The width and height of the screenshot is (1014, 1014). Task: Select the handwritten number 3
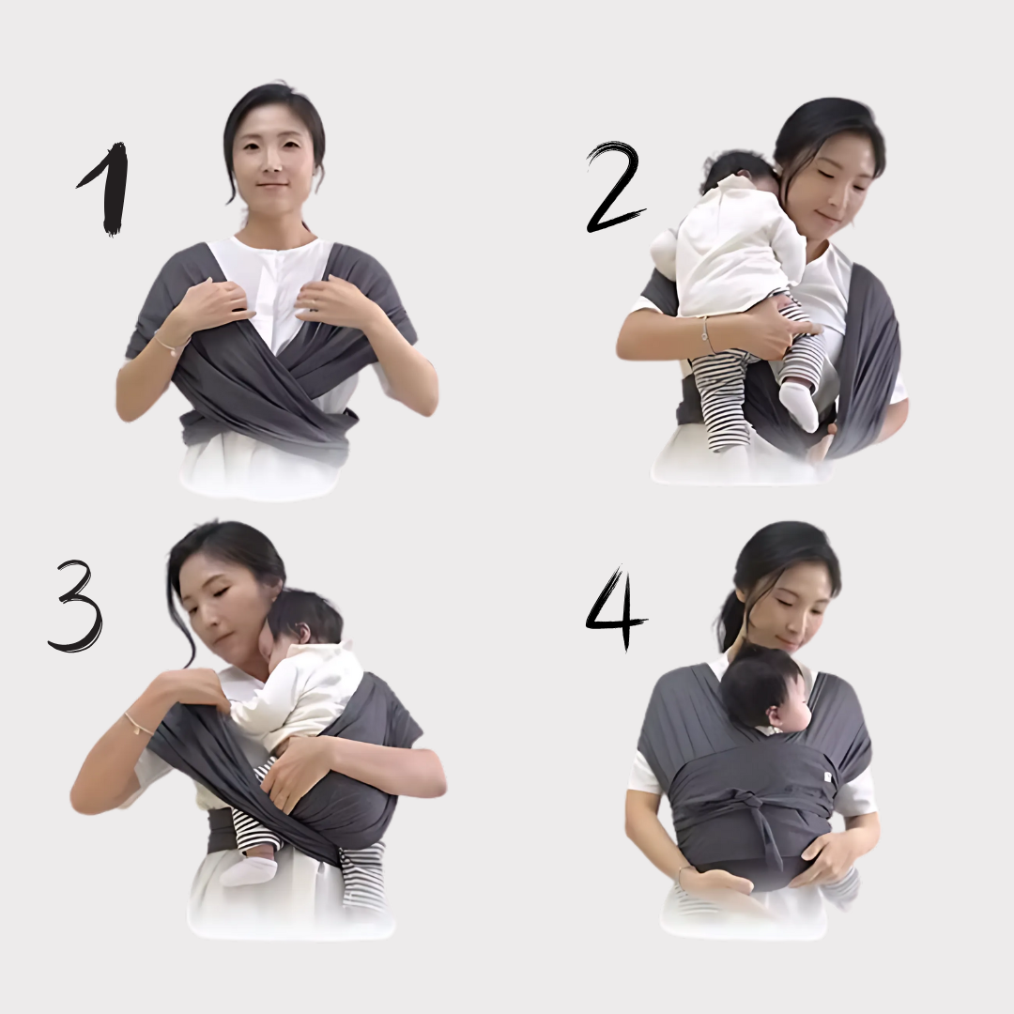(76, 605)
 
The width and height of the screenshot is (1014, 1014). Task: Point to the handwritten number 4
(614, 607)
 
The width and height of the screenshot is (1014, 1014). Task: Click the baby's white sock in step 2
(801, 404)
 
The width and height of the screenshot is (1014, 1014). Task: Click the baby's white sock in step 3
(249, 869)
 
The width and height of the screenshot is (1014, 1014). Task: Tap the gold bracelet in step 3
(139, 724)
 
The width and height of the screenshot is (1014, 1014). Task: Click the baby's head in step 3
(304, 618)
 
